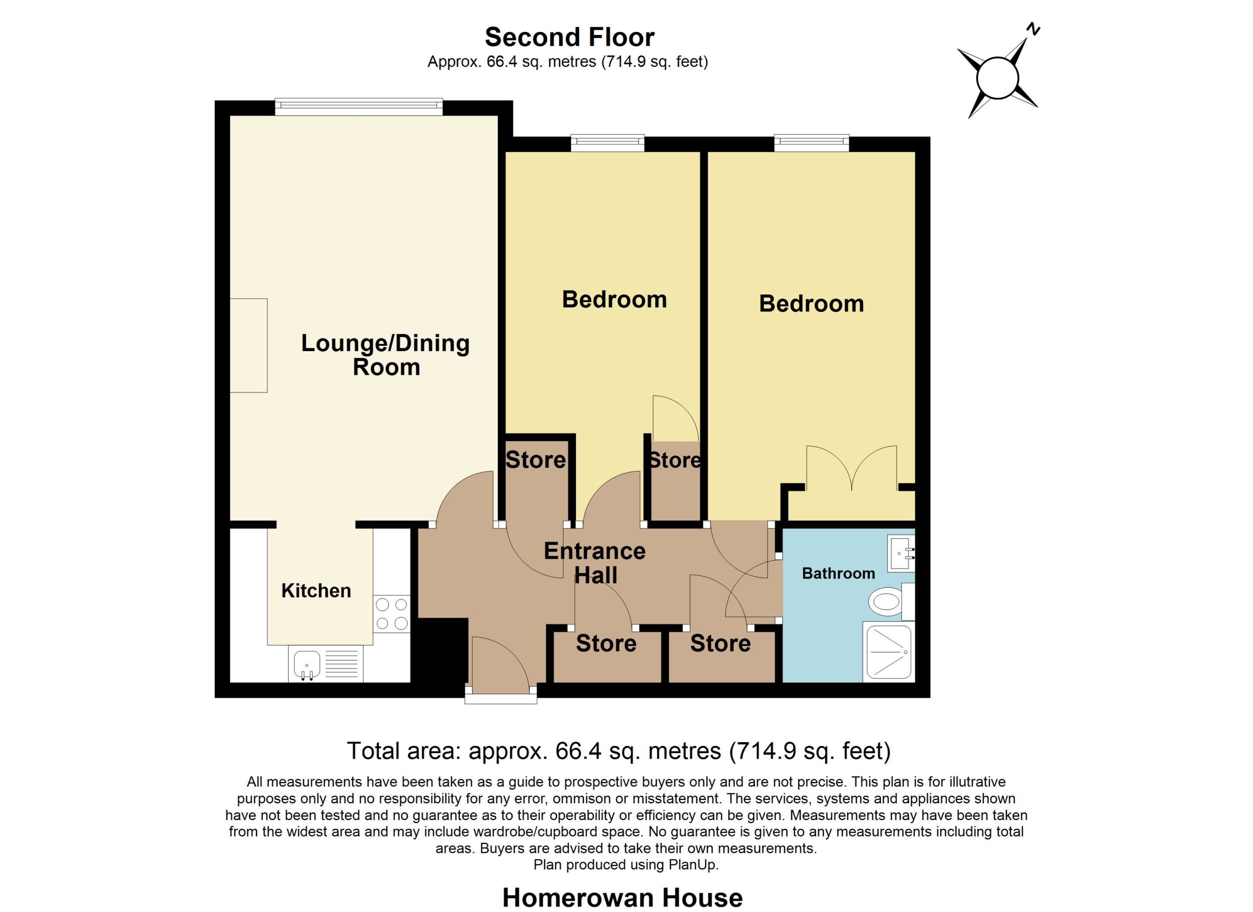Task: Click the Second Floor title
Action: point(570,38)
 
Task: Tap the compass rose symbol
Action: point(998,78)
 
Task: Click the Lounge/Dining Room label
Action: point(386,355)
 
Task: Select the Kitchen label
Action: point(316,591)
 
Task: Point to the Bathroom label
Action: point(838,573)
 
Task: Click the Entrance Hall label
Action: point(595,563)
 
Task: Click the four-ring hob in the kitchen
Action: point(392,614)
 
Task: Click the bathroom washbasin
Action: point(901,552)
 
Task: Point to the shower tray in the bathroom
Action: point(889,652)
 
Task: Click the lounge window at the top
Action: point(359,107)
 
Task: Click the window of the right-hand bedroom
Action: point(812,143)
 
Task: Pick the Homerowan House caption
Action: point(623,898)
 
